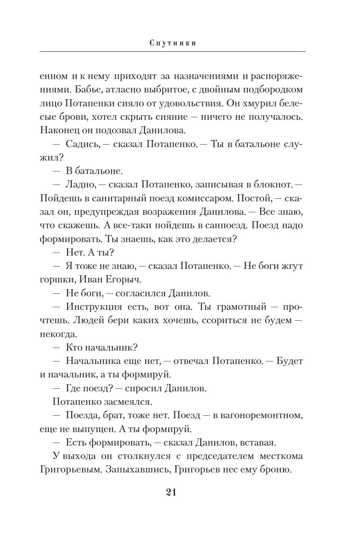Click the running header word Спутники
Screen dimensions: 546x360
pos(173,43)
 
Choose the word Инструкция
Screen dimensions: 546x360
pos(94,306)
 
